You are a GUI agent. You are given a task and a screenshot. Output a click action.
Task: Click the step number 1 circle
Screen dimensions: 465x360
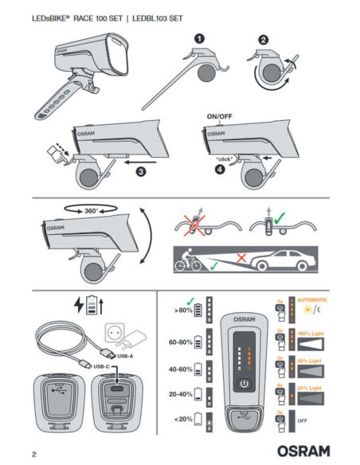click(199, 38)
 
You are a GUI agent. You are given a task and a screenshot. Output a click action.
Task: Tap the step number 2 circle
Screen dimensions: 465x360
click(264, 38)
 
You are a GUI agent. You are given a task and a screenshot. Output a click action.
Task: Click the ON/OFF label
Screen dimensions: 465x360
click(219, 116)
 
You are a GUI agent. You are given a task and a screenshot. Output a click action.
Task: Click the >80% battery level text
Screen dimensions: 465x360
click(184, 311)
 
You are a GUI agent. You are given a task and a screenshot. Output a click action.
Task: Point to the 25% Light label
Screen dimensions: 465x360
click(314, 388)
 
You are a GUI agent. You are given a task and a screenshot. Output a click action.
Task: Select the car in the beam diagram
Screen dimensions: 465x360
click(284, 260)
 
